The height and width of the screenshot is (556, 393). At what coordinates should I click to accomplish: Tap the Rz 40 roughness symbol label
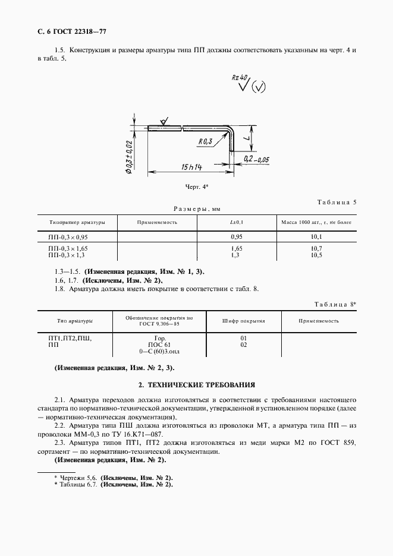(x=240, y=78)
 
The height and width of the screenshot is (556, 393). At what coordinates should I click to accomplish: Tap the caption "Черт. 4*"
(x=197, y=187)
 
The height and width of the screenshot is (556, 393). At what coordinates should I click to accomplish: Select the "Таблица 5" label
(x=337, y=202)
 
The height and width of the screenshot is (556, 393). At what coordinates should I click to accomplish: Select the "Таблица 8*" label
(x=335, y=304)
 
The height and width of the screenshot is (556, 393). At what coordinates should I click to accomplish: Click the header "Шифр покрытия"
(x=243, y=320)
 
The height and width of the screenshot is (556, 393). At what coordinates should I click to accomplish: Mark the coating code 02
(x=243, y=345)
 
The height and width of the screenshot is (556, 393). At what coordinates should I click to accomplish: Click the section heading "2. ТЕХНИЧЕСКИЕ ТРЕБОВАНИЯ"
(x=197, y=385)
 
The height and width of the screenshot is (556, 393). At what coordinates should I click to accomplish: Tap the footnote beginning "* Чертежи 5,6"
(x=113, y=478)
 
